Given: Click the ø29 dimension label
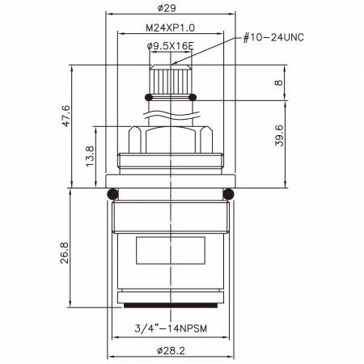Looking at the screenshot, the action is click(x=167, y=8).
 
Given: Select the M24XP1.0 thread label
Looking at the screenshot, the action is click(x=170, y=28).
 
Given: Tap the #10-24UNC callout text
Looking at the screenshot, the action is click(x=273, y=37).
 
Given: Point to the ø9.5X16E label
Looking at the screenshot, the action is click(x=171, y=46).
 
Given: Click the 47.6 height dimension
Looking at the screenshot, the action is click(x=66, y=116).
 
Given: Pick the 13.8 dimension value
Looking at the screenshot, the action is click(x=90, y=156).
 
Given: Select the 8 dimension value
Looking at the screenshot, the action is click(x=278, y=83).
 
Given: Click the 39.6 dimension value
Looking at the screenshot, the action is click(x=279, y=136).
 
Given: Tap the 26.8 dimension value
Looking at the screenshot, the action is click(x=65, y=253).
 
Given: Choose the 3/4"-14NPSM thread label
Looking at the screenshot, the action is click(x=171, y=328).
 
